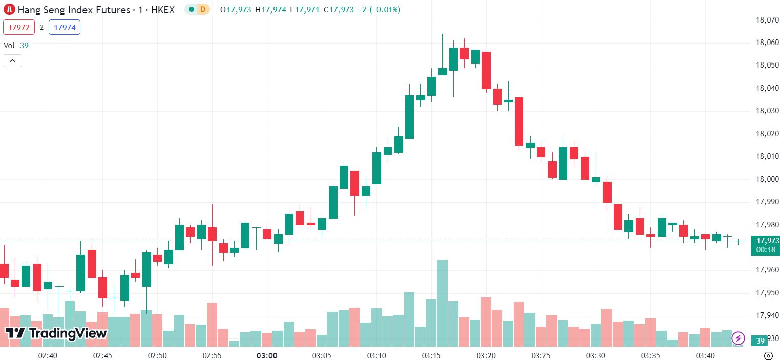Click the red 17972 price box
click(x=19, y=27)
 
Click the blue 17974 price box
click(x=65, y=27)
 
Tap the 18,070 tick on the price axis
click(x=767, y=20)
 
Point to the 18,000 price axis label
click(x=767, y=179)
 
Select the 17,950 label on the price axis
click(x=767, y=292)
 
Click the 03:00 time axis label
click(x=267, y=355)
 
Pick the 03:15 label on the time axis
click(x=432, y=355)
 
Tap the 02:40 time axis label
click(x=48, y=355)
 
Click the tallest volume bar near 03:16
click(x=442, y=302)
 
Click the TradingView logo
click(x=56, y=333)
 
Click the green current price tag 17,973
click(x=765, y=240)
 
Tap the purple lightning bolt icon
click(x=738, y=338)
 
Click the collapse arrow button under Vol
click(x=12, y=61)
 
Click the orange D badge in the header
click(x=203, y=10)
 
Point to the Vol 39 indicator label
click(x=16, y=45)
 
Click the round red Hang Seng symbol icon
click(x=9, y=10)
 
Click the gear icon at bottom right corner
click(x=768, y=355)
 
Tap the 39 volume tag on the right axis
click(x=761, y=341)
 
